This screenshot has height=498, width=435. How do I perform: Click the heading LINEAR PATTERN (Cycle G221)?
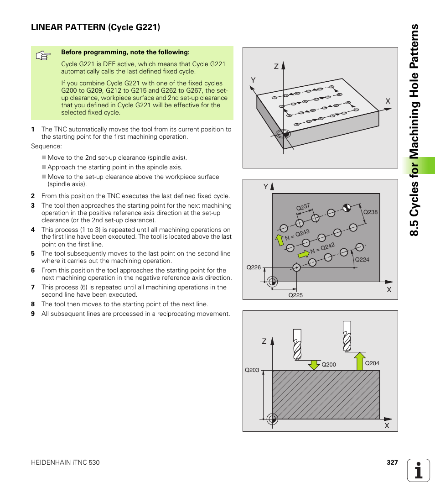click(x=95, y=27)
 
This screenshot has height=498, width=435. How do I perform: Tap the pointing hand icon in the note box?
click(x=43, y=56)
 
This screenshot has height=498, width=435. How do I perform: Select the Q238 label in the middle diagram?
click(x=370, y=212)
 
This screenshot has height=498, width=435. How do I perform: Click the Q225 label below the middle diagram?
click(x=295, y=295)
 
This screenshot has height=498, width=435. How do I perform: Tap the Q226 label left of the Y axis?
click(x=253, y=267)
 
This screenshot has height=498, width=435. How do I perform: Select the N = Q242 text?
click(x=322, y=249)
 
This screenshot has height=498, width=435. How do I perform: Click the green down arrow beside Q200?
click(x=314, y=364)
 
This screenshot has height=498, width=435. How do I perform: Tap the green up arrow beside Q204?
click(x=360, y=361)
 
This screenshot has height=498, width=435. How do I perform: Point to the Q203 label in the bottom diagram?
click(x=252, y=370)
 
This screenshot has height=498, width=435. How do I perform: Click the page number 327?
click(x=392, y=462)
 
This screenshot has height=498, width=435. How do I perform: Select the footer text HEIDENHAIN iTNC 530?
click(x=65, y=462)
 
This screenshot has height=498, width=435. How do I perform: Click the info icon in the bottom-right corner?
click(x=419, y=470)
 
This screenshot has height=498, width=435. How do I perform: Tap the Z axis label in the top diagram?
click(x=276, y=67)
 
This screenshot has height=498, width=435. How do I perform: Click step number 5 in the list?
click(x=33, y=254)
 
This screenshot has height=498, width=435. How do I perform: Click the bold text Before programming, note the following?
click(x=125, y=52)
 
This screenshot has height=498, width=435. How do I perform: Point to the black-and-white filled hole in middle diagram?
click(x=347, y=207)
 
